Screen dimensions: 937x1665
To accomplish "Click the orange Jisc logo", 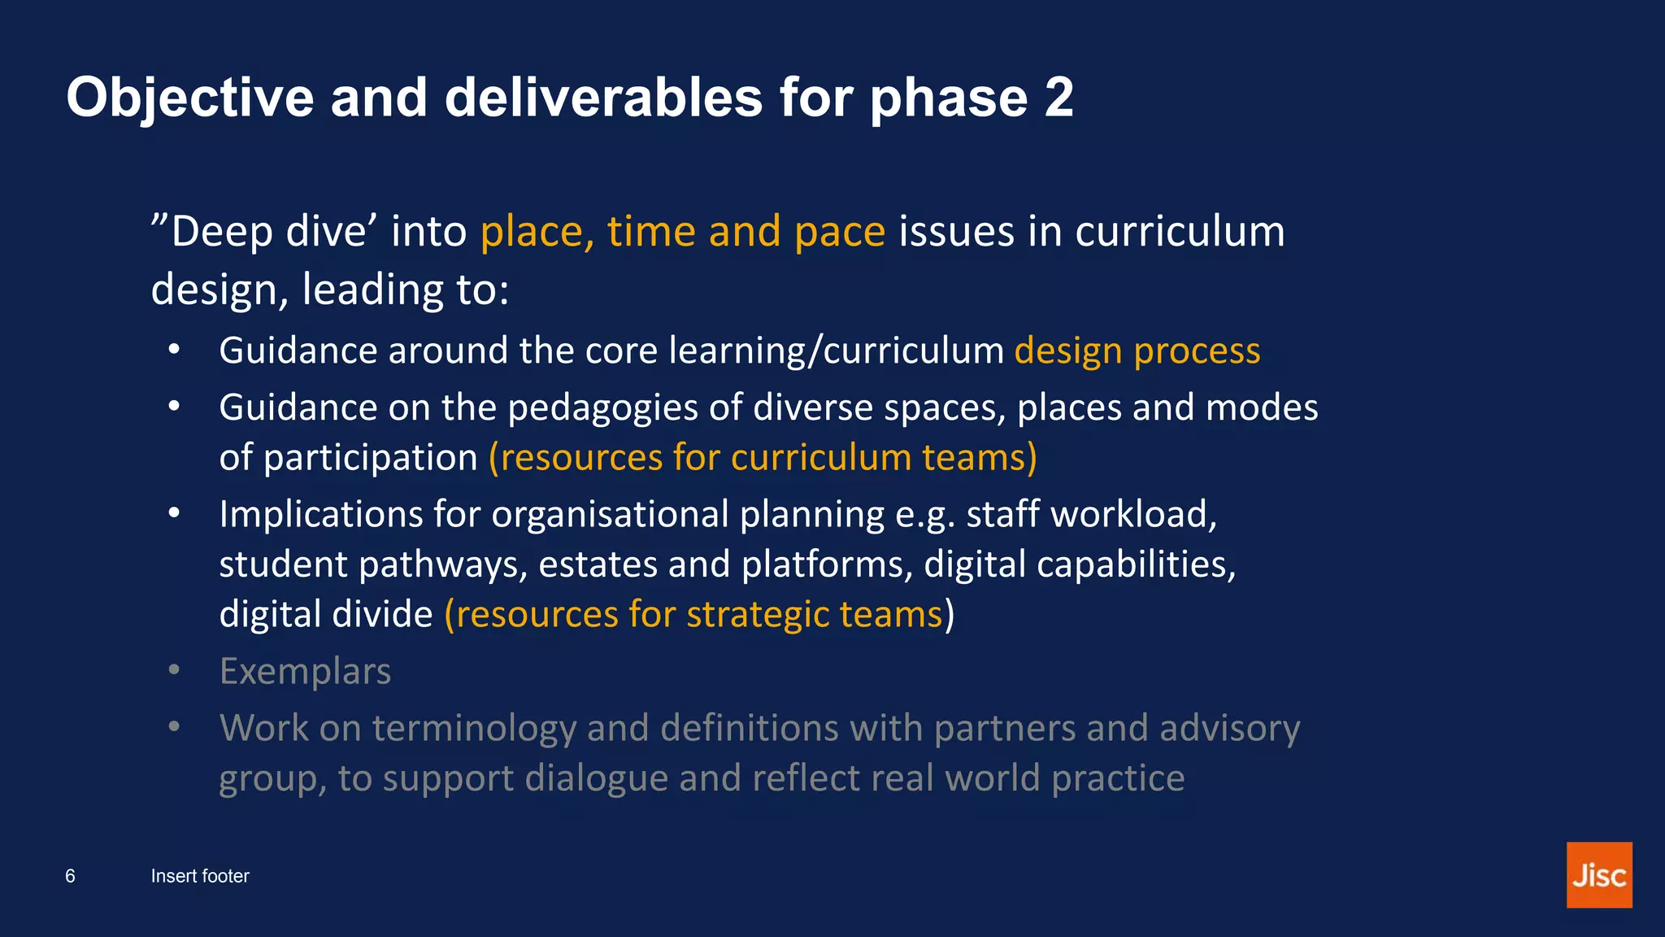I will point(1598,874).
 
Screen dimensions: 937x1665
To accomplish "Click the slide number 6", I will point(71,876).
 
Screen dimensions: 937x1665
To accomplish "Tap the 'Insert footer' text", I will point(200,876).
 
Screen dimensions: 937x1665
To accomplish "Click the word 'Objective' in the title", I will point(189,98).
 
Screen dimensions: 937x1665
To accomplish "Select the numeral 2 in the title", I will point(1059,98).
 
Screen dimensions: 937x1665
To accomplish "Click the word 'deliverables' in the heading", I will point(604,98).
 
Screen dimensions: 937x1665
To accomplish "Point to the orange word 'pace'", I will point(839,232).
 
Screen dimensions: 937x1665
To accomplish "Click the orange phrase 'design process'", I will point(1137,351).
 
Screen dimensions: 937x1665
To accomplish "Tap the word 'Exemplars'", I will point(305,672).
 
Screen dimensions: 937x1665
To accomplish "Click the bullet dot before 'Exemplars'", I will point(174,670).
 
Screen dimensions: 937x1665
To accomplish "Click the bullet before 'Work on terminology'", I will point(174,726).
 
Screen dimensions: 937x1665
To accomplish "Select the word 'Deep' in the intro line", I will point(211,232).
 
